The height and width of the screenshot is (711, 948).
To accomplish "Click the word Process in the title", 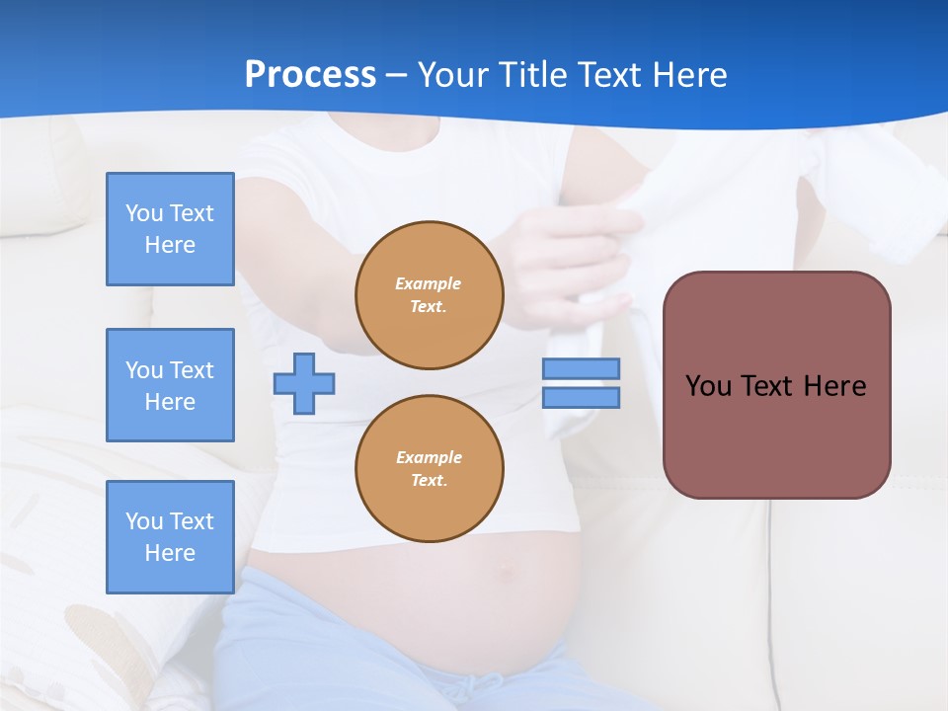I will point(310,75).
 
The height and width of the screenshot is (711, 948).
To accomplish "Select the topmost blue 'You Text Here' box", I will point(170,229).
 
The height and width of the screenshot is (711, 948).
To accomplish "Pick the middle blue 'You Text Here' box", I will point(170,385).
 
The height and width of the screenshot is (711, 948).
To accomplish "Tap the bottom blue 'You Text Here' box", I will point(170,537).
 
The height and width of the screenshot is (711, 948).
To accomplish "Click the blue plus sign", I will point(304,383).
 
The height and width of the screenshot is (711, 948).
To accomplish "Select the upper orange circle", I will point(430,295).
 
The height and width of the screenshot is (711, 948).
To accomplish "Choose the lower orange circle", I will point(430,469).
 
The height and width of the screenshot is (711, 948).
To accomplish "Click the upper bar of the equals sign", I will point(581,368).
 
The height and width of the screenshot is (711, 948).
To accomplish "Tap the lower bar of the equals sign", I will point(581,398).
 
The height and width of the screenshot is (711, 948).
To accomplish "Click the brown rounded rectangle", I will point(776,434).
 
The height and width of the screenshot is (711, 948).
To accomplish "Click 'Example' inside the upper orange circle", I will point(429,283).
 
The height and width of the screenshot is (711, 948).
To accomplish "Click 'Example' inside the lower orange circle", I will point(429,457).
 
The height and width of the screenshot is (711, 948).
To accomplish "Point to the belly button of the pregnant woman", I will point(507,570).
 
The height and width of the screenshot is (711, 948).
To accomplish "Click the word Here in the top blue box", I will point(170,245).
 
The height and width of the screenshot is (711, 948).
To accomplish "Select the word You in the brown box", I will point(708,386).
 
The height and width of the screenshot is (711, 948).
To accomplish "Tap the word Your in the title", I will point(453,75).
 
